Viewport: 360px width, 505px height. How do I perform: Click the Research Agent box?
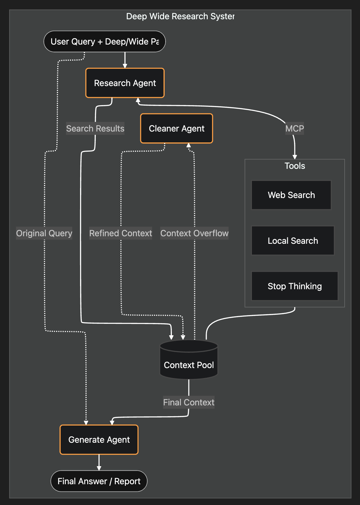125,83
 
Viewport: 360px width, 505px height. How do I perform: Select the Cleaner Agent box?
176,129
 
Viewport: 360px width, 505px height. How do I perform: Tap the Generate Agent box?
99,440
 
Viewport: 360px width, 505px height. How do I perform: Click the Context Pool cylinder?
189,361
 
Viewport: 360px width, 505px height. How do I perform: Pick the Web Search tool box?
291,195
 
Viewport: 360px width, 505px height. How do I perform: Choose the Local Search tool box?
293,241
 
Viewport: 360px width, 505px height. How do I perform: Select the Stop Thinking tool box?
294,286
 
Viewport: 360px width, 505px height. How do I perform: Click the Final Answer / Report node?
99,481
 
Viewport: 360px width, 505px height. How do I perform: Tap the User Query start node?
104,42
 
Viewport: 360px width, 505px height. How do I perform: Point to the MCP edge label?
294,129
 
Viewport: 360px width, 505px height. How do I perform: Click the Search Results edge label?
95,129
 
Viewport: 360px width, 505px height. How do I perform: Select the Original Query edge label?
44,233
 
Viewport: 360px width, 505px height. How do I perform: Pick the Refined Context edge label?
120,233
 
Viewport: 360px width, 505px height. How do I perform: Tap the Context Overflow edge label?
194,233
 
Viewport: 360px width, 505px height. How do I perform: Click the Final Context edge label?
189,402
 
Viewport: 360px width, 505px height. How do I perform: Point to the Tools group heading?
295,166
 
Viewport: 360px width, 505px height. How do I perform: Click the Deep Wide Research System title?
180,16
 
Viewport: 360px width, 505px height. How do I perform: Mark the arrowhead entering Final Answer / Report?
99,468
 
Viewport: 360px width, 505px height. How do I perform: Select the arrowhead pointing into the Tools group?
295,157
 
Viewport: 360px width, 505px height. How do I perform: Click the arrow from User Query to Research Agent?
125,60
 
